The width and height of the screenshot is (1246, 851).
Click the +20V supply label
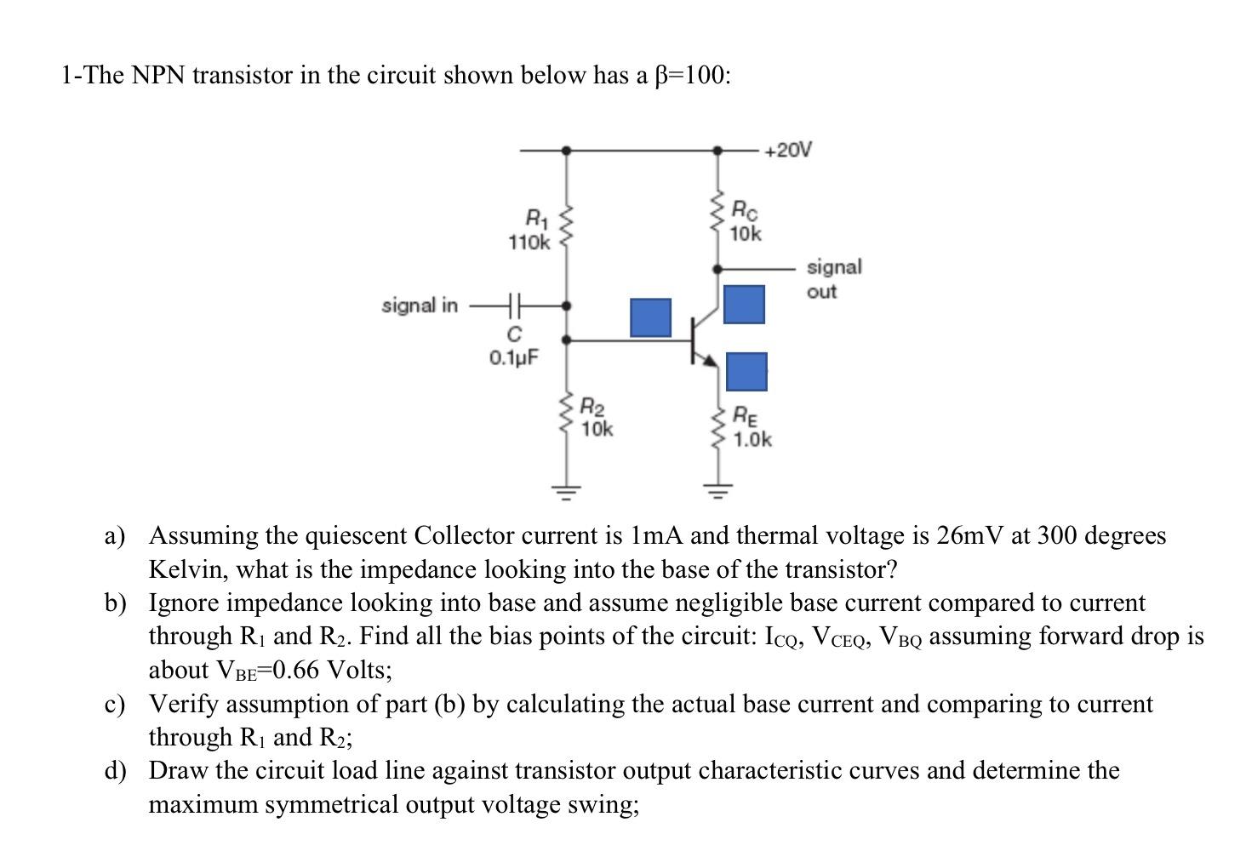(787, 151)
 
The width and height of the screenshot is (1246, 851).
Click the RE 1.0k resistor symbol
(717, 425)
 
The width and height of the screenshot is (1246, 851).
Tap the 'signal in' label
(420, 305)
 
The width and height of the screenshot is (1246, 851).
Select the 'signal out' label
(833, 279)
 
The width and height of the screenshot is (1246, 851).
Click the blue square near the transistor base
(650, 317)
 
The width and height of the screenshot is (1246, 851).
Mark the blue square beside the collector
(744, 304)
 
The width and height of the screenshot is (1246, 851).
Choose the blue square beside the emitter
(746, 372)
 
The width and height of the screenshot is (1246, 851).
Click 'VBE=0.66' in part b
(268, 671)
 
